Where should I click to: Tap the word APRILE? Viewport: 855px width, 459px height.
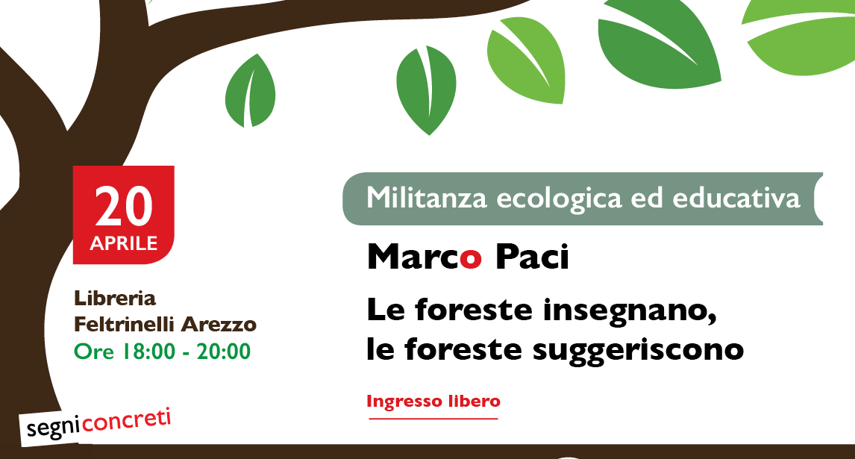point(124,243)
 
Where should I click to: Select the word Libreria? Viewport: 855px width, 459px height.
point(115,299)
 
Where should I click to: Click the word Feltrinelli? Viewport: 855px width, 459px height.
point(125,325)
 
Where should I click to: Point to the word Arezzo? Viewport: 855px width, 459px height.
point(219,325)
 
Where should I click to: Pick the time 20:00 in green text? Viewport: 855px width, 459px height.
point(224,352)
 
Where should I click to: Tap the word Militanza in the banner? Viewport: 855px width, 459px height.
point(427,198)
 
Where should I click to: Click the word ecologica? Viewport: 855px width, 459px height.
point(559,199)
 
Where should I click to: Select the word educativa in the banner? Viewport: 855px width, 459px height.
point(736,198)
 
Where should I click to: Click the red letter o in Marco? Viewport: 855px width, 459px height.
point(471,259)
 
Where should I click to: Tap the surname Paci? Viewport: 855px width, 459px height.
point(532,257)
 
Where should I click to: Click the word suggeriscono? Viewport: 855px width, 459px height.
point(638,350)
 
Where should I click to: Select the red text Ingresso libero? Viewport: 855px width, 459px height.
point(433,401)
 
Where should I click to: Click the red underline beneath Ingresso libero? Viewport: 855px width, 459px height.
point(433,419)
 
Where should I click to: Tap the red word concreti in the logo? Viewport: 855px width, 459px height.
point(127,422)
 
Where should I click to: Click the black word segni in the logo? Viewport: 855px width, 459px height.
point(53,428)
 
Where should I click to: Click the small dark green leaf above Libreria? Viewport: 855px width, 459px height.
point(250,90)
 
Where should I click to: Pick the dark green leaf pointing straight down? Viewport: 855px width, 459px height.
point(427,90)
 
